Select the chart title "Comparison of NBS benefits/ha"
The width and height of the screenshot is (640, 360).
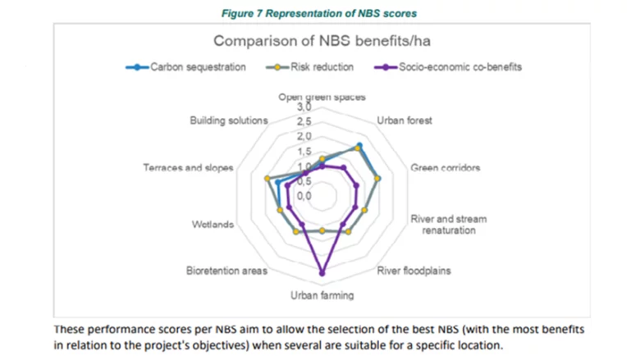pos(322,41)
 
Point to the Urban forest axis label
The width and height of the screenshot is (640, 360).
pos(404,121)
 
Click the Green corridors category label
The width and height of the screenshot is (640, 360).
pos(445,168)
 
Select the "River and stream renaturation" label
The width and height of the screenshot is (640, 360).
pos(448,225)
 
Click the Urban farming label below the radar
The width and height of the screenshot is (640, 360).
pos(322,295)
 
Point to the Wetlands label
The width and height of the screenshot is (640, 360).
pos(213,225)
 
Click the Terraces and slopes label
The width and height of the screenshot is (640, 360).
pos(189,168)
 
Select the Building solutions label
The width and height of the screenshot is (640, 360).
pos(228,121)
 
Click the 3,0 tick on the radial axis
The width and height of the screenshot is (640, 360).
pos(304,108)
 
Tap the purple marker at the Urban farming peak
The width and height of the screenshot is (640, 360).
pos(322,272)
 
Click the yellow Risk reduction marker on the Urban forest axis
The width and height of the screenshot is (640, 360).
pos(359,146)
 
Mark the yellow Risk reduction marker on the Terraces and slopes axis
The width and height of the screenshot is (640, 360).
pos(267,178)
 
